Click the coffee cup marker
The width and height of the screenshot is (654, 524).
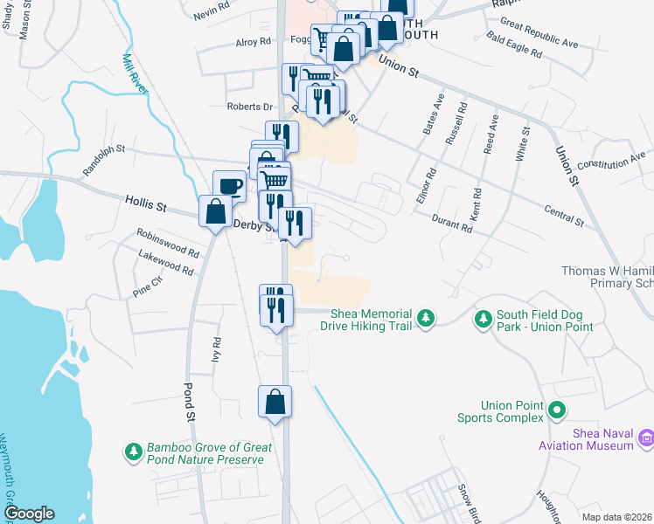click(x=230, y=186)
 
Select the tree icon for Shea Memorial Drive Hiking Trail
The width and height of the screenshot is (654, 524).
click(x=426, y=318)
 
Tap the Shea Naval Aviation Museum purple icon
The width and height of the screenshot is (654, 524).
click(x=646, y=438)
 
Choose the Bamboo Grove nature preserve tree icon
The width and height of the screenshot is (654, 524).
click(x=134, y=452)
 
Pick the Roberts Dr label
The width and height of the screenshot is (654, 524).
click(x=250, y=107)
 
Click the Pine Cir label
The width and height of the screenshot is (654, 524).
click(x=147, y=281)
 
